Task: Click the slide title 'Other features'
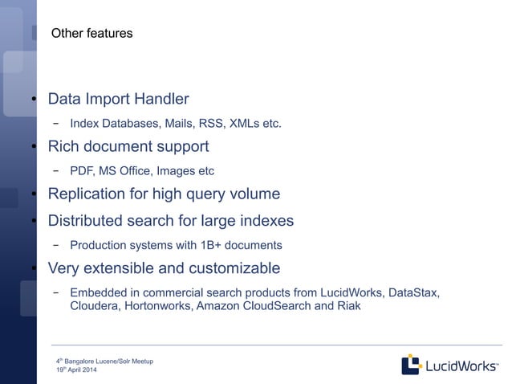pos(91,34)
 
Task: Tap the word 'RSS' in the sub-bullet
pos(211,124)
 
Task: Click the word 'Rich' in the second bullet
pos(63,147)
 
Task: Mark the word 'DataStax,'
pos(413,292)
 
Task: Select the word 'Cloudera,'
pos(95,306)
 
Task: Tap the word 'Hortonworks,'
pos(159,306)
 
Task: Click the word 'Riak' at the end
pos(347,306)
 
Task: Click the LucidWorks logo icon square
pos(411,364)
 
